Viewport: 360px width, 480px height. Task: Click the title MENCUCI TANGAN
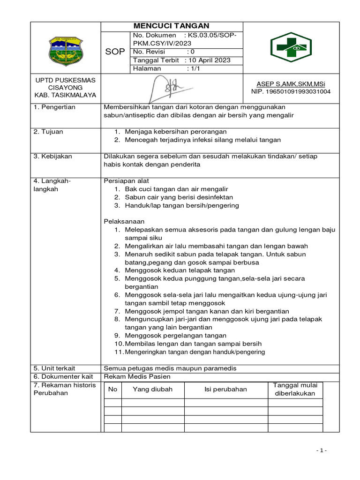pyautogui.click(x=172, y=26)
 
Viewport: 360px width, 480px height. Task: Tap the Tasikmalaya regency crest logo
pyautogui.click(x=66, y=51)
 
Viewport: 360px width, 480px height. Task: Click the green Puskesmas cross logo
pyautogui.click(x=291, y=47)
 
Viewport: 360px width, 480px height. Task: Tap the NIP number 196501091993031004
pyautogui.click(x=291, y=91)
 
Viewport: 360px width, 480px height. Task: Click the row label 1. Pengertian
pyautogui.click(x=54, y=107)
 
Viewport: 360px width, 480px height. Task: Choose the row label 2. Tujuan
pyautogui.click(x=48, y=132)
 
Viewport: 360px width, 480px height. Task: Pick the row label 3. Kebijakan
pyautogui.click(x=52, y=156)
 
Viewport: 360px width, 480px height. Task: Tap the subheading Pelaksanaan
pyautogui.click(x=124, y=221)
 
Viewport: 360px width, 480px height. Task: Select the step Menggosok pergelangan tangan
pyautogui.click(x=175, y=335)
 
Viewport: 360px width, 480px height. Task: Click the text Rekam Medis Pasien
pyautogui.click(x=137, y=376)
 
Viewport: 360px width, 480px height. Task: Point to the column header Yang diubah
pyautogui.click(x=152, y=389)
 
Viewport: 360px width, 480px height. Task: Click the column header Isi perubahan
pyautogui.click(x=225, y=389)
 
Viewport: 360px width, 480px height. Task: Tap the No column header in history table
pyautogui.click(x=112, y=389)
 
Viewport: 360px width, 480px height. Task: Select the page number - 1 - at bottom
pyautogui.click(x=321, y=450)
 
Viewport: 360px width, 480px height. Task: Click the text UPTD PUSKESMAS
pyautogui.click(x=66, y=80)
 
